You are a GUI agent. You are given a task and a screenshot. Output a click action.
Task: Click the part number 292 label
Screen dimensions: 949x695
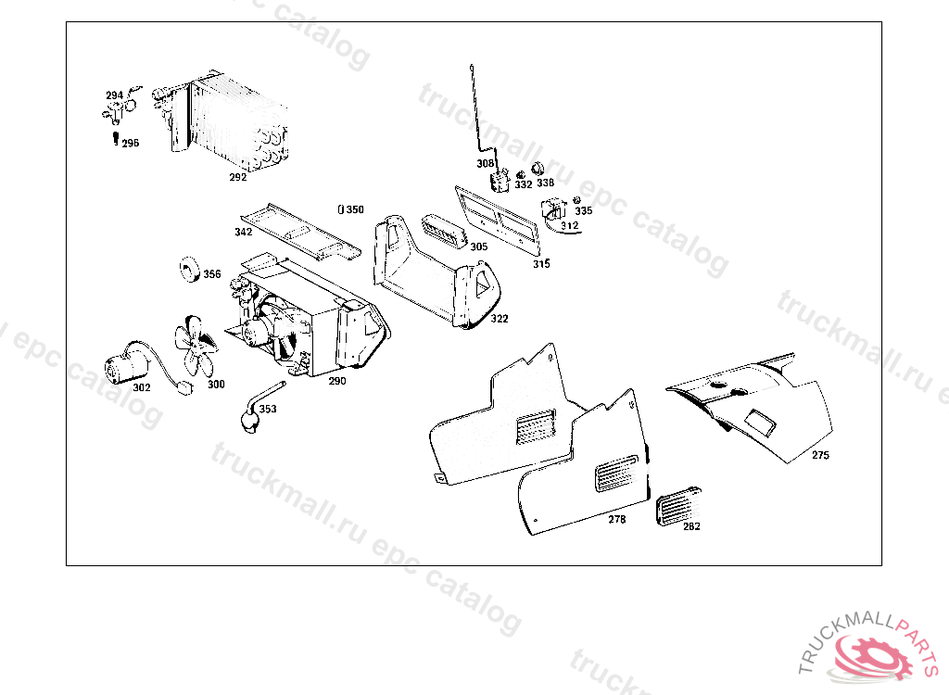(x=238, y=176)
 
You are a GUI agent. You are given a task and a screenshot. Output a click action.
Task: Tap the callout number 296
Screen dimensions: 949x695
(x=130, y=144)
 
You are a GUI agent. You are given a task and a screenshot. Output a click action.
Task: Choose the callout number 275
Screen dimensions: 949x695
(x=820, y=455)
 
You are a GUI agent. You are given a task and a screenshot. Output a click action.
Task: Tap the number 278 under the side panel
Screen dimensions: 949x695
(x=616, y=519)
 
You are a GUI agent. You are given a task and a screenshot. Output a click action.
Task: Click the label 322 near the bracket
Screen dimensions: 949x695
(x=500, y=319)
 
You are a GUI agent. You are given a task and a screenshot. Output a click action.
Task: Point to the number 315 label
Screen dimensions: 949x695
(x=541, y=264)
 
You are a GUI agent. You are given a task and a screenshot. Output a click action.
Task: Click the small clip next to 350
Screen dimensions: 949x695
(x=341, y=209)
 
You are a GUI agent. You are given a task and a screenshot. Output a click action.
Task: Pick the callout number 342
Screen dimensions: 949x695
(x=243, y=232)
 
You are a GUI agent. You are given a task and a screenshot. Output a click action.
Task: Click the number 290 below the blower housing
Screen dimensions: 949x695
(x=336, y=381)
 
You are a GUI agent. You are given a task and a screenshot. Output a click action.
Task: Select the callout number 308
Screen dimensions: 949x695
(x=486, y=163)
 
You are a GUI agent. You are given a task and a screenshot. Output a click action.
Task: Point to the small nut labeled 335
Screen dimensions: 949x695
(x=576, y=200)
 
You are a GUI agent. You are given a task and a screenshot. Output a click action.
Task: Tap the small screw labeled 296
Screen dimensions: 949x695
(x=114, y=139)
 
